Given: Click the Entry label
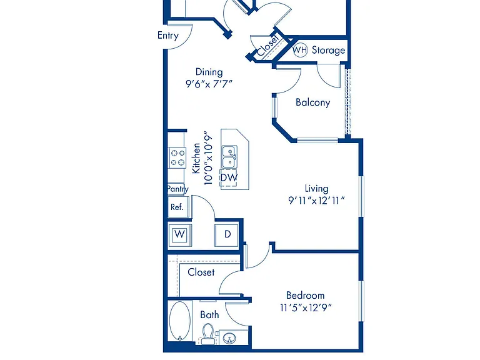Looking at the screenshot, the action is pyautogui.click(x=167, y=36).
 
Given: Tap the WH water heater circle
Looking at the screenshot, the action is pyautogui.click(x=300, y=50).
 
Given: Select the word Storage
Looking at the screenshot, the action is pyautogui.click(x=328, y=50).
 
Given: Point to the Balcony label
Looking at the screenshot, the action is pyautogui.click(x=313, y=102).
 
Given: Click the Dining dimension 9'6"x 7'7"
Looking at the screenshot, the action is pyautogui.click(x=209, y=84).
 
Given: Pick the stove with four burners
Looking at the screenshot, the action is pyautogui.click(x=177, y=157).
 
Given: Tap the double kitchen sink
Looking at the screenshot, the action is pyautogui.click(x=229, y=157).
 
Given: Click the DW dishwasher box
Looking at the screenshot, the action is pyautogui.click(x=229, y=177).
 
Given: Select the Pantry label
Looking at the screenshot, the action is pyautogui.click(x=177, y=189).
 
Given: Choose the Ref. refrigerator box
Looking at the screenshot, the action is pyautogui.click(x=178, y=207).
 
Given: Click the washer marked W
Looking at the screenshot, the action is pyautogui.click(x=180, y=235).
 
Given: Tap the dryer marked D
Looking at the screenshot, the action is pyautogui.click(x=226, y=235).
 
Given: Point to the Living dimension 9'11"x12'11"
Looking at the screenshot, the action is pyautogui.click(x=316, y=201).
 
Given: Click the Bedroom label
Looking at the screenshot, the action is pyautogui.click(x=305, y=296).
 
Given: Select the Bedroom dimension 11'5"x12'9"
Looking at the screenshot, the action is pyautogui.click(x=306, y=307).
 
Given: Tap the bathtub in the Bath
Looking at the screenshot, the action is pyautogui.click(x=180, y=321).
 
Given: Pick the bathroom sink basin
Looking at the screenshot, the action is pyautogui.click(x=229, y=339).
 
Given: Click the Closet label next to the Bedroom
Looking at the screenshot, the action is pyautogui.click(x=201, y=272).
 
